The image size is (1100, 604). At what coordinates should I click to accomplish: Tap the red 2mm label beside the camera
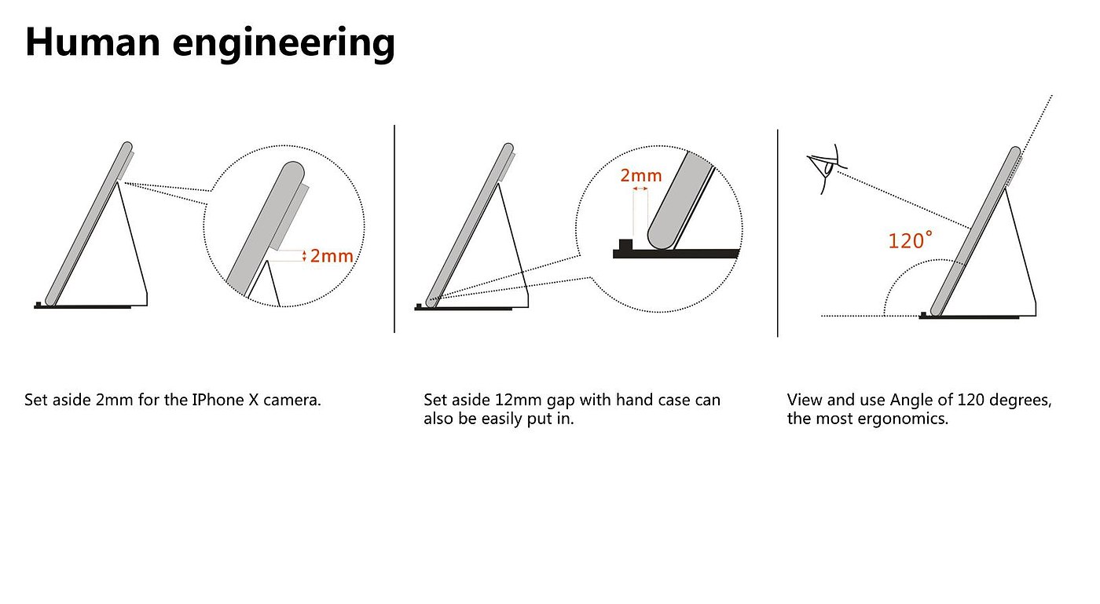332,255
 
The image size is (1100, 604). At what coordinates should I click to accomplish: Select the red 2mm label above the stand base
641,176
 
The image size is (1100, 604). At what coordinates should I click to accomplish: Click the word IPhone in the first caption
218,400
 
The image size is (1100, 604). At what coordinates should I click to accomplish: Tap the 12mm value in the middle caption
503,400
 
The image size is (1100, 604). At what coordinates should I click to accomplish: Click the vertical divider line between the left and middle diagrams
394,228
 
